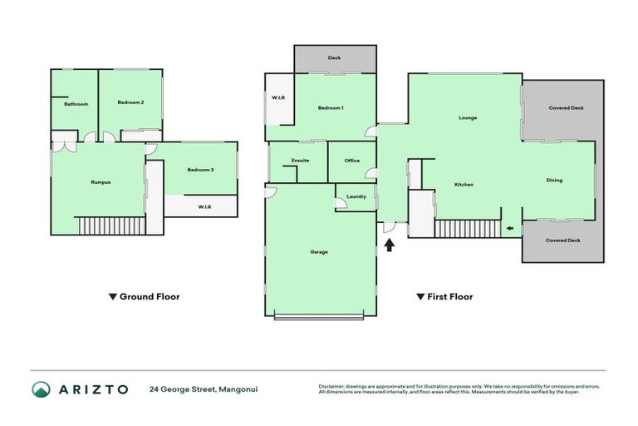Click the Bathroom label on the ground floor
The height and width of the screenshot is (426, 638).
click(x=76, y=104)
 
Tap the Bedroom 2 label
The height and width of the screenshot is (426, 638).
click(x=130, y=102)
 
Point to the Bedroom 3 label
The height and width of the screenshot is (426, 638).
click(x=200, y=170)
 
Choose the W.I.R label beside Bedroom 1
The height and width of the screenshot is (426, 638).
click(x=278, y=98)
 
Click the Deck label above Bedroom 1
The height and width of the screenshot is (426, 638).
click(x=334, y=58)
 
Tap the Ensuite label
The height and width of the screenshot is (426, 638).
click(x=300, y=161)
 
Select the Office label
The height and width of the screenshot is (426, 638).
click(x=351, y=161)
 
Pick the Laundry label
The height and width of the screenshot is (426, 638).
click(x=356, y=197)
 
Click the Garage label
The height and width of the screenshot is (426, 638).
click(x=319, y=251)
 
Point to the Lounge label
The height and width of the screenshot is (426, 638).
click(x=468, y=117)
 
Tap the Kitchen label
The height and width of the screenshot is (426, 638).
click(x=464, y=184)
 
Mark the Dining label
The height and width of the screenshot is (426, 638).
click(x=554, y=180)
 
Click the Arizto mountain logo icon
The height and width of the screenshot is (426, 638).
click(x=42, y=389)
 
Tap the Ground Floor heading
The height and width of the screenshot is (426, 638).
click(x=145, y=296)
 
